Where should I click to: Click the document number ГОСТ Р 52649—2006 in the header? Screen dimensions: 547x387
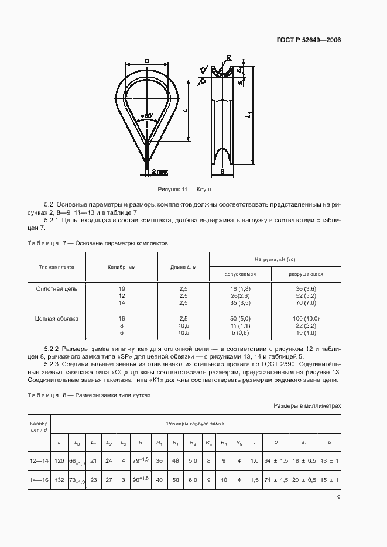pyautogui.click(x=308, y=40)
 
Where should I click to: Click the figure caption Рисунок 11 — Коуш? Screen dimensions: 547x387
pyautogui.click(x=184, y=190)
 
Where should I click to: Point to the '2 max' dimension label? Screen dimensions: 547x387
pyautogui.click(x=159, y=171)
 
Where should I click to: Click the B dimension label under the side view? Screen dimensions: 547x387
pyautogui.click(x=223, y=172)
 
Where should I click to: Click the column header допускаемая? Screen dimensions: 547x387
pyautogui.click(x=242, y=273)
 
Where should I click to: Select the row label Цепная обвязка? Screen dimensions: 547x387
pyautogui.click(x=57, y=319)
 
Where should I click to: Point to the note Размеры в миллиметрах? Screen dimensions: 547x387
pyautogui.click(x=307, y=405)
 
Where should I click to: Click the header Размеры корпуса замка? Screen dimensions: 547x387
pyautogui.click(x=195, y=422)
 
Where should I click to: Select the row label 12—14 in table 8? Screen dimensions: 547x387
pyautogui.click(x=40, y=462)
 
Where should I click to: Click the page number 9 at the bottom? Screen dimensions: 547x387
pyautogui.click(x=338, y=498)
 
